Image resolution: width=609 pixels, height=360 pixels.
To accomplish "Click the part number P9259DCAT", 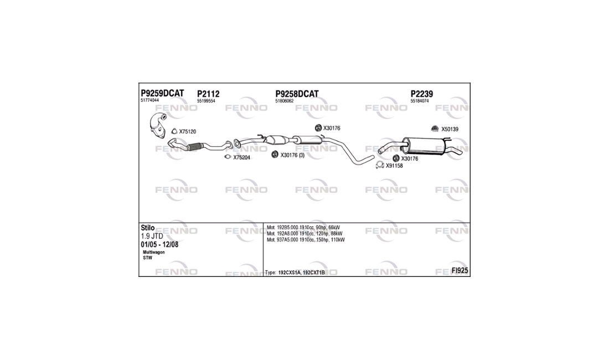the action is click(162, 94).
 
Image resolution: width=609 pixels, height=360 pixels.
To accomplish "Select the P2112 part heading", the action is click(208, 94).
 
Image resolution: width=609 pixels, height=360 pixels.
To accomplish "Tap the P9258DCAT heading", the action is click(297, 94).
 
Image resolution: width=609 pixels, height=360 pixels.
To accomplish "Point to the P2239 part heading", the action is click(422, 94).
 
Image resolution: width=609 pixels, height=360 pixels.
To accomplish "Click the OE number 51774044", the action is click(149, 100).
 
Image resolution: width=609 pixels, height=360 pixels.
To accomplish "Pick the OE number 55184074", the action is click(420, 101).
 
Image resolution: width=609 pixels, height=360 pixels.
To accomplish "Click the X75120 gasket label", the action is click(188, 132).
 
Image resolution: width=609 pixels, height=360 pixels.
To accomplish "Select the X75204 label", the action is click(241, 158).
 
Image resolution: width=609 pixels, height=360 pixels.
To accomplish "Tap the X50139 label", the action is click(450, 129).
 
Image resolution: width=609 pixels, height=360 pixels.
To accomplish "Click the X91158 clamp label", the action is click(394, 166).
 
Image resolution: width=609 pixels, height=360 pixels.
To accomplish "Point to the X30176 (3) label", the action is click(292, 155).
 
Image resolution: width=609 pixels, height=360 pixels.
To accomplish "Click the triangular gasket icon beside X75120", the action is click(174, 131).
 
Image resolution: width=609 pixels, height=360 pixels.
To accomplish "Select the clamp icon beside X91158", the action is click(380, 166).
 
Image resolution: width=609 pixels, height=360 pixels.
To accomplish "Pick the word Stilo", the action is click(148, 228).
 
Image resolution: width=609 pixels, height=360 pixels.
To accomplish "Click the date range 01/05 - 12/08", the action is click(159, 245).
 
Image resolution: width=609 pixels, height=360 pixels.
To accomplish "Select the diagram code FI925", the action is click(460, 271).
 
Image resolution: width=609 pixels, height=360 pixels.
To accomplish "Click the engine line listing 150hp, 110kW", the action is click(306, 240).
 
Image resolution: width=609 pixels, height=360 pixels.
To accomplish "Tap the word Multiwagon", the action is click(154, 253).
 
